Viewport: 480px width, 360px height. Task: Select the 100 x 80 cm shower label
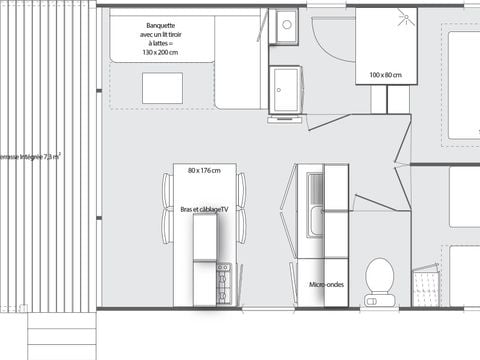point(385,75)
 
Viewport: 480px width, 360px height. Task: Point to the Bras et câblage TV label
point(204,209)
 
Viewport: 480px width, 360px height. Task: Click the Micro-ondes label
point(325,284)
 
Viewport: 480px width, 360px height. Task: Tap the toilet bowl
point(379,272)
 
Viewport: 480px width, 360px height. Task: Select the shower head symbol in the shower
point(405,14)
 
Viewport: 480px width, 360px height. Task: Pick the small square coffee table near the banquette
point(162,88)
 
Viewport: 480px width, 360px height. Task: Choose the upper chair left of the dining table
point(167,187)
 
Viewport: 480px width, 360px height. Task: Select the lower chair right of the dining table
point(241,225)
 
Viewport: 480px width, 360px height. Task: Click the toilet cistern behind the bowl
point(378,297)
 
